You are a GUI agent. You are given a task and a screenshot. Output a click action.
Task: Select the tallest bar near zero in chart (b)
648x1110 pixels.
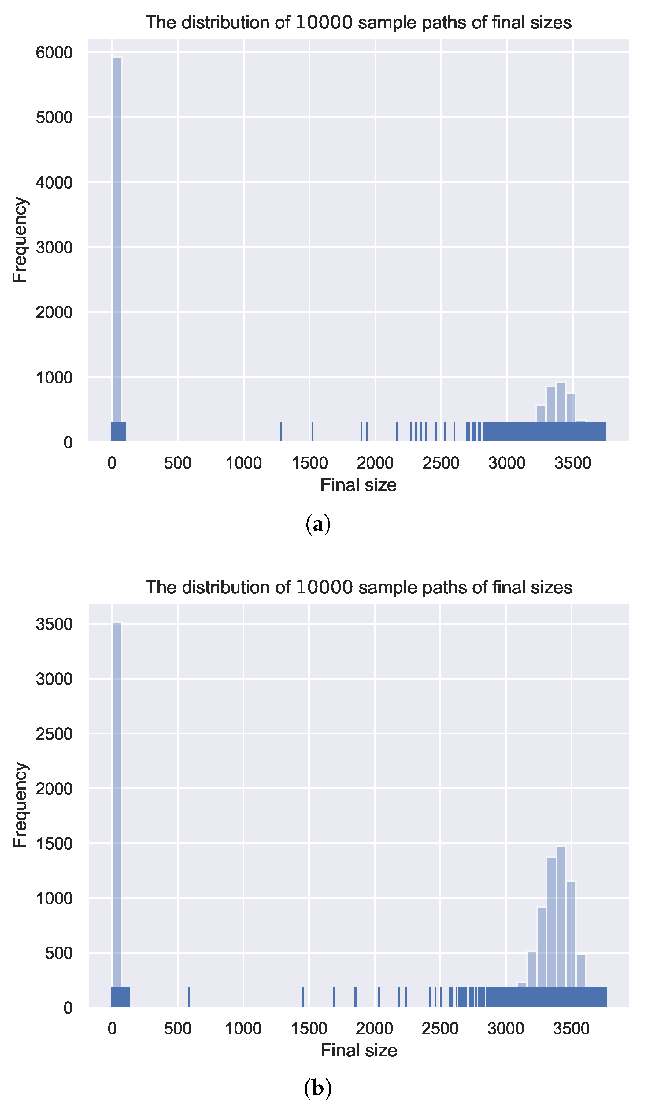pyautogui.click(x=117, y=810)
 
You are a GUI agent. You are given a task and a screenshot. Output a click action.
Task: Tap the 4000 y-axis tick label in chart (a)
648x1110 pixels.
pyautogui.click(x=54, y=183)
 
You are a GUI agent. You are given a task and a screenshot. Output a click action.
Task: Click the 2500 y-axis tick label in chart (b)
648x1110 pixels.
pyautogui.click(x=54, y=734)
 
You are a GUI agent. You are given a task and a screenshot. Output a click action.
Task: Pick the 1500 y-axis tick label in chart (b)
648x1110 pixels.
pyautogui.click(x=54, y=844)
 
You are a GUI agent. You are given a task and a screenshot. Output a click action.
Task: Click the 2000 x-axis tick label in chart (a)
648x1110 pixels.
pyautogui.click(x=375, y=463)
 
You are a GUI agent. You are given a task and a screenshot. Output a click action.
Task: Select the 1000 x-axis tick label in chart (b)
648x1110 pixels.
pyautogui.click(x=243, y=1029)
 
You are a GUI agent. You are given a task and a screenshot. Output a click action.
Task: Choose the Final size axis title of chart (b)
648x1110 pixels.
pyautogui.click(x=359, y=1051)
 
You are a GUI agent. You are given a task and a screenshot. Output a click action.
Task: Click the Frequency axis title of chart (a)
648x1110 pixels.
pyautogui.click(x=20, y=240)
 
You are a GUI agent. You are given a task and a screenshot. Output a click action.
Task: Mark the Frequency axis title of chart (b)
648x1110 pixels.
pyautogui.click(x=20, y=805)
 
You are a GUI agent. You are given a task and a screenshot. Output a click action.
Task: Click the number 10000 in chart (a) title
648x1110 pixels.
pyautogui.click(x=324, y=22)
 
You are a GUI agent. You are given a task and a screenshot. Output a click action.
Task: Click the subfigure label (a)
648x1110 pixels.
pyautogui.click(x=318, y=525)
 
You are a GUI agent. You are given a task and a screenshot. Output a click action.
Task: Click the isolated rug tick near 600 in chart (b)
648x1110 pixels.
pyautogui.click(x=188, y=997)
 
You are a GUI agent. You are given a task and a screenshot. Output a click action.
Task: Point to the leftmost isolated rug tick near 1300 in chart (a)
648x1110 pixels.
pyautogui.click(x=281, y=431)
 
